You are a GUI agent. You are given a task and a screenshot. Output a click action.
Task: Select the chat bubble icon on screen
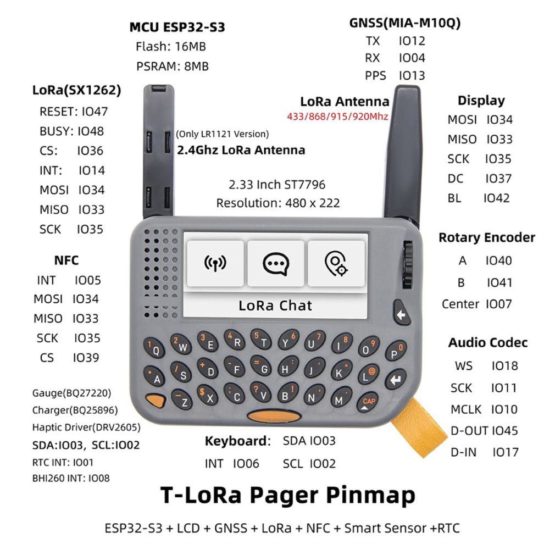[276, 264]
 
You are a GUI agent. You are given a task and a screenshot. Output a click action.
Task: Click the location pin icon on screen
[336, 264]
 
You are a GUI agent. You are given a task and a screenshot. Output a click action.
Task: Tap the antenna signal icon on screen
[215, 264]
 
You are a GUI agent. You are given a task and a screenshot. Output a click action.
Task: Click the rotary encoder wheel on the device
[408, 265]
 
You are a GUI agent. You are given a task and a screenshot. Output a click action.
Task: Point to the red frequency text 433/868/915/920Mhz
[337, 116]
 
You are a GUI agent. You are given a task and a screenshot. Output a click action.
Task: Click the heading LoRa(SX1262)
[77, 90]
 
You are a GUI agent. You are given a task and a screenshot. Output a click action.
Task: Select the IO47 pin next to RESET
[95, 112]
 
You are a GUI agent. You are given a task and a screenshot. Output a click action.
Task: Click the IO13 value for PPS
[412, 76]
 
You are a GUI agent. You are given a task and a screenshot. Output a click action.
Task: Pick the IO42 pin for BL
[497, 198]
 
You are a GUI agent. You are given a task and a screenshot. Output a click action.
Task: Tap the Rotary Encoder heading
[487, 237]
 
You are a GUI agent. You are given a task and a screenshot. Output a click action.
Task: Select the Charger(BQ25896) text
[75, 410]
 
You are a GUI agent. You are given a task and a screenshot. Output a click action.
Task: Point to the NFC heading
[66, 260]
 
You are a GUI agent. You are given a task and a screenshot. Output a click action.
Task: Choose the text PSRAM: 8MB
[173, 66]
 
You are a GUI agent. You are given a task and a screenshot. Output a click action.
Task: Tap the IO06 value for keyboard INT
[246, 464]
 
